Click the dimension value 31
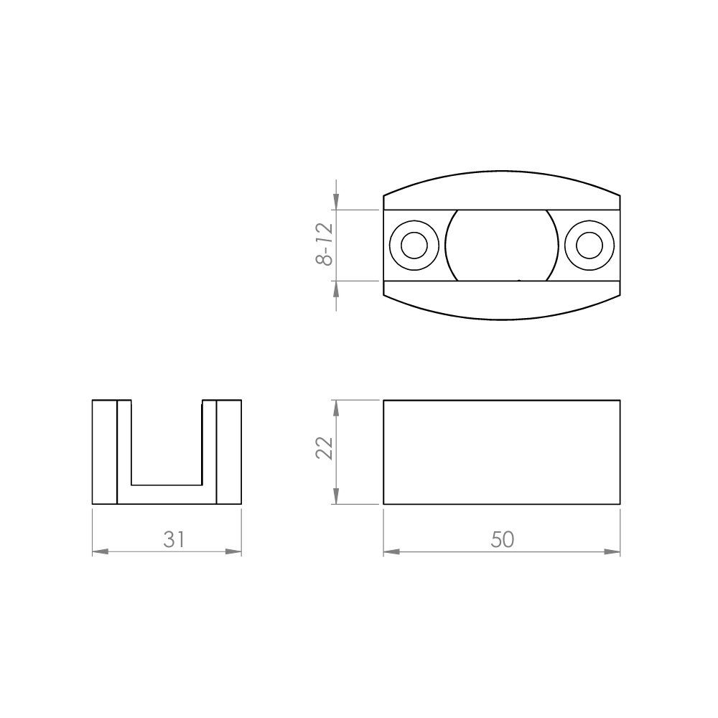coord(174,539)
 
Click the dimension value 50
coord(503,539)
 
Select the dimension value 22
coord(325,447)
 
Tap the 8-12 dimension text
coord(325,244)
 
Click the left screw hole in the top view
coord(414,246)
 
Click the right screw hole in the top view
coord(589,246)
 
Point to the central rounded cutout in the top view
coord(502,246)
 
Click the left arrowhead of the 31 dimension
coord(101,551)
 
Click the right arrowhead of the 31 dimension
coord(233,551)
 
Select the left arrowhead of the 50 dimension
coord(391,551)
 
